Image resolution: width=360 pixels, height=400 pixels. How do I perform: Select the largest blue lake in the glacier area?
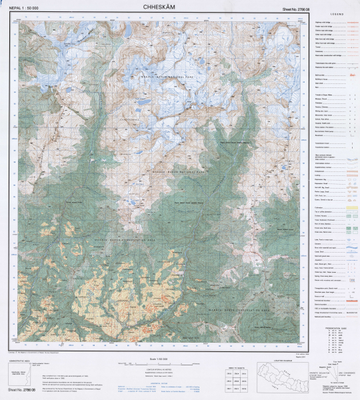click(x=143, y=103)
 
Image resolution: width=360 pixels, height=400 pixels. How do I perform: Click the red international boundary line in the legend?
click(x=347, y=302)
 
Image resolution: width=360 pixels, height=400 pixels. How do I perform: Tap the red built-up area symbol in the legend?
click(x=347, y=77)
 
